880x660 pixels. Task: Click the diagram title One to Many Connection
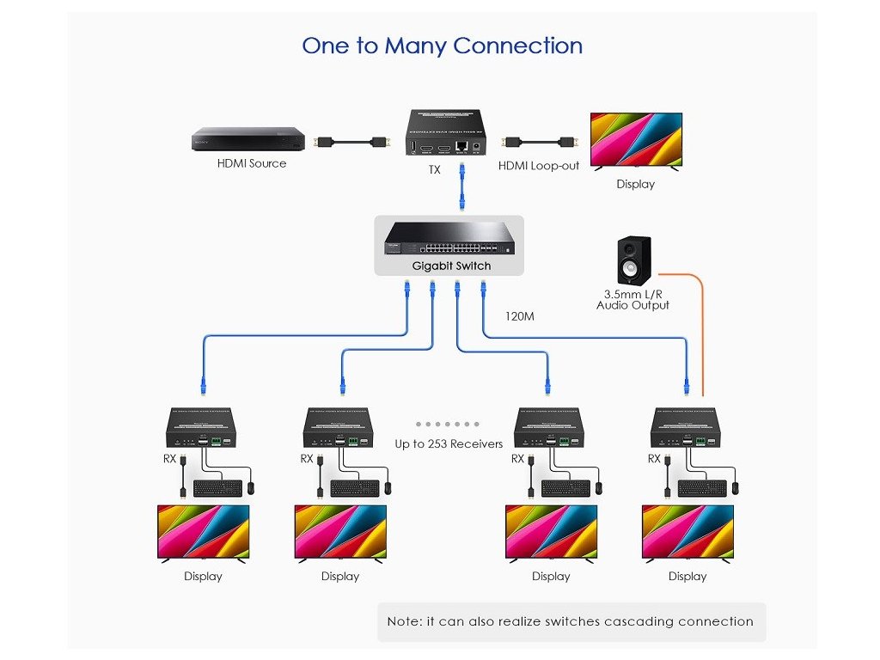point(442,46)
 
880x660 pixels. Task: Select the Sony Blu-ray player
point(248,139)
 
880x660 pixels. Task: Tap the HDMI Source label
point(251,163)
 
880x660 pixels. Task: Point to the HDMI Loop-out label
point(539,165)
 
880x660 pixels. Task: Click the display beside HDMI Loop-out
point(636,140)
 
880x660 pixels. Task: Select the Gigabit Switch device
point(450,238)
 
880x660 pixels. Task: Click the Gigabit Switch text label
point(451,266)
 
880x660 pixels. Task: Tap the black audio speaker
point(634,260)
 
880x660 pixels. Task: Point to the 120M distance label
point(520,316)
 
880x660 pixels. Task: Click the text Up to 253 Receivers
point(449,444)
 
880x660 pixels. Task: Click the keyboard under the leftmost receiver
point(217,488)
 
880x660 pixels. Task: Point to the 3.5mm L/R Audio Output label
point(632,300)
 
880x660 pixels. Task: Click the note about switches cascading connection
point(570,621)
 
